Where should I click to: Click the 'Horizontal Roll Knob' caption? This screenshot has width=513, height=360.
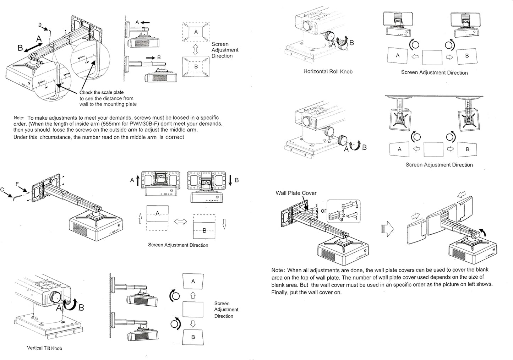tap(328, 71)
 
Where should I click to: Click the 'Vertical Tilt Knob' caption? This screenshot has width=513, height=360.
tap(44, 348)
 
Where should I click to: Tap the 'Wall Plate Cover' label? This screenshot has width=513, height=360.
tap(296, 193)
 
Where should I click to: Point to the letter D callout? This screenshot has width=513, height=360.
tap(40, 25)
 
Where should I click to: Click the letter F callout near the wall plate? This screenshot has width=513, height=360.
tap(17, 184)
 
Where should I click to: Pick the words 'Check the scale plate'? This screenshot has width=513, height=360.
tap(102, 92)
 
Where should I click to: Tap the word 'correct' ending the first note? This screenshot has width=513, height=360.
tap(175, 137)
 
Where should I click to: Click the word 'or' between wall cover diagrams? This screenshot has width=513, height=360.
tap(323, 211)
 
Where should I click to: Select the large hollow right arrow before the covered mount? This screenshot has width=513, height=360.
tap(387, 229)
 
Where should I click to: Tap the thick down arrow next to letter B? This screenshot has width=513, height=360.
tap(230, 180)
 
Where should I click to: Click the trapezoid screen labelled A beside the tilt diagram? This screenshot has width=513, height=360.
tap(193, 282)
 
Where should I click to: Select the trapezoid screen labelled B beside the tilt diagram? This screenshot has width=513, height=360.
tap(193, 337)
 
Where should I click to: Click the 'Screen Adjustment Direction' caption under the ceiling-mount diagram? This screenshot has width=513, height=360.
tap(439, 165)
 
